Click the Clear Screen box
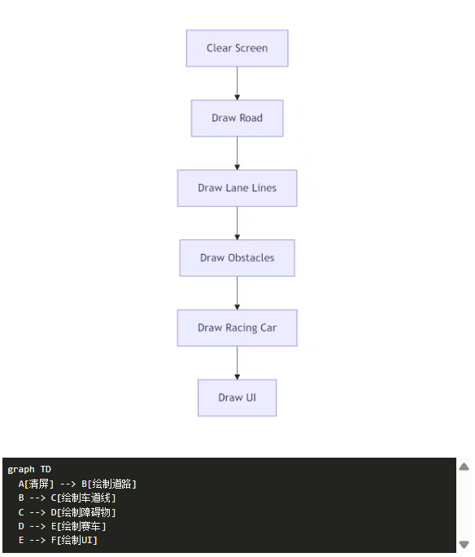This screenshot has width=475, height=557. pyautogui.click(x=237, y=48)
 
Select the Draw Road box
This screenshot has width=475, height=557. pyautogui.click(x=237, y=118)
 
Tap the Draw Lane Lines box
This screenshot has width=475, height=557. pyautogui.click(x=237, y=188)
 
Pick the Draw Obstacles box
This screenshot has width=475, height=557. pyautogui.click(x=237, y=258)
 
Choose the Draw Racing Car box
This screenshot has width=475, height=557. pyautogui.click(x=237, y=328)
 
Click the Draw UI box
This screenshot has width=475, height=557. pyautogui.click(x=237, y=398)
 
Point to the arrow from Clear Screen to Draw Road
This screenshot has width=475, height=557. pyautogui.click(x=237, y=84)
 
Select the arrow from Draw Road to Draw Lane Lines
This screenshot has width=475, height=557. pyautogui.click(x=237, y=153)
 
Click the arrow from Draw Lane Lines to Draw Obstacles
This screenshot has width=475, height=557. pyautogui.click(x=237, y=223)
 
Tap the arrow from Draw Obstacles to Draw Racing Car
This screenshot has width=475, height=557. pyautogui.click(x=237, y=293)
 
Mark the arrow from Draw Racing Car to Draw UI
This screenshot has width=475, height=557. pyautogui.click(x=237, y=363)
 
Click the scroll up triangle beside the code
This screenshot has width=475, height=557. pyautogui.click(x=464, y=467)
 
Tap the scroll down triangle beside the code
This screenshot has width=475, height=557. pyautogui.click(x=464, y=544)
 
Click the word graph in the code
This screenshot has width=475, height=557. pyautogui.click(x=21, y=470)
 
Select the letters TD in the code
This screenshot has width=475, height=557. pyautogui.click(x=46, y=470)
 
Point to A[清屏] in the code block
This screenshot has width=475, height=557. pyautogui.click(x=36, y=484)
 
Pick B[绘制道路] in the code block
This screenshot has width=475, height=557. pyautogui.click(x=109, y=484)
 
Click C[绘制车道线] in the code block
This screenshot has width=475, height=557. pyautogui.click(x=83, y=498)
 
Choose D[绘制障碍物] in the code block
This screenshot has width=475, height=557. pyautogui.click(x=83, y=512)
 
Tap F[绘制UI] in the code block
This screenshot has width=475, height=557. pyautogui.click(x=74, y=540)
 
